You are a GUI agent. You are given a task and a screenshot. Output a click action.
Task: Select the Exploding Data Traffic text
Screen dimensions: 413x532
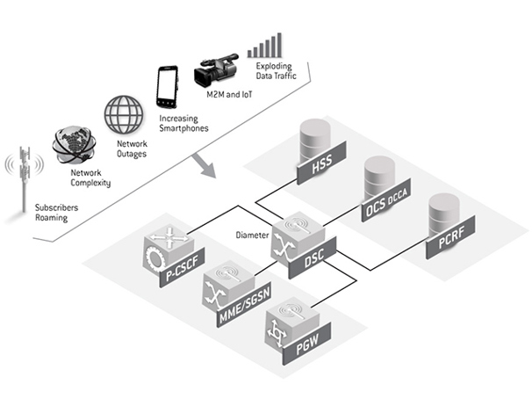click(278, 72)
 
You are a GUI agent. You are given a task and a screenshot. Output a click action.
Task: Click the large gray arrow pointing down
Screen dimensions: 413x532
click(207, 164)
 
